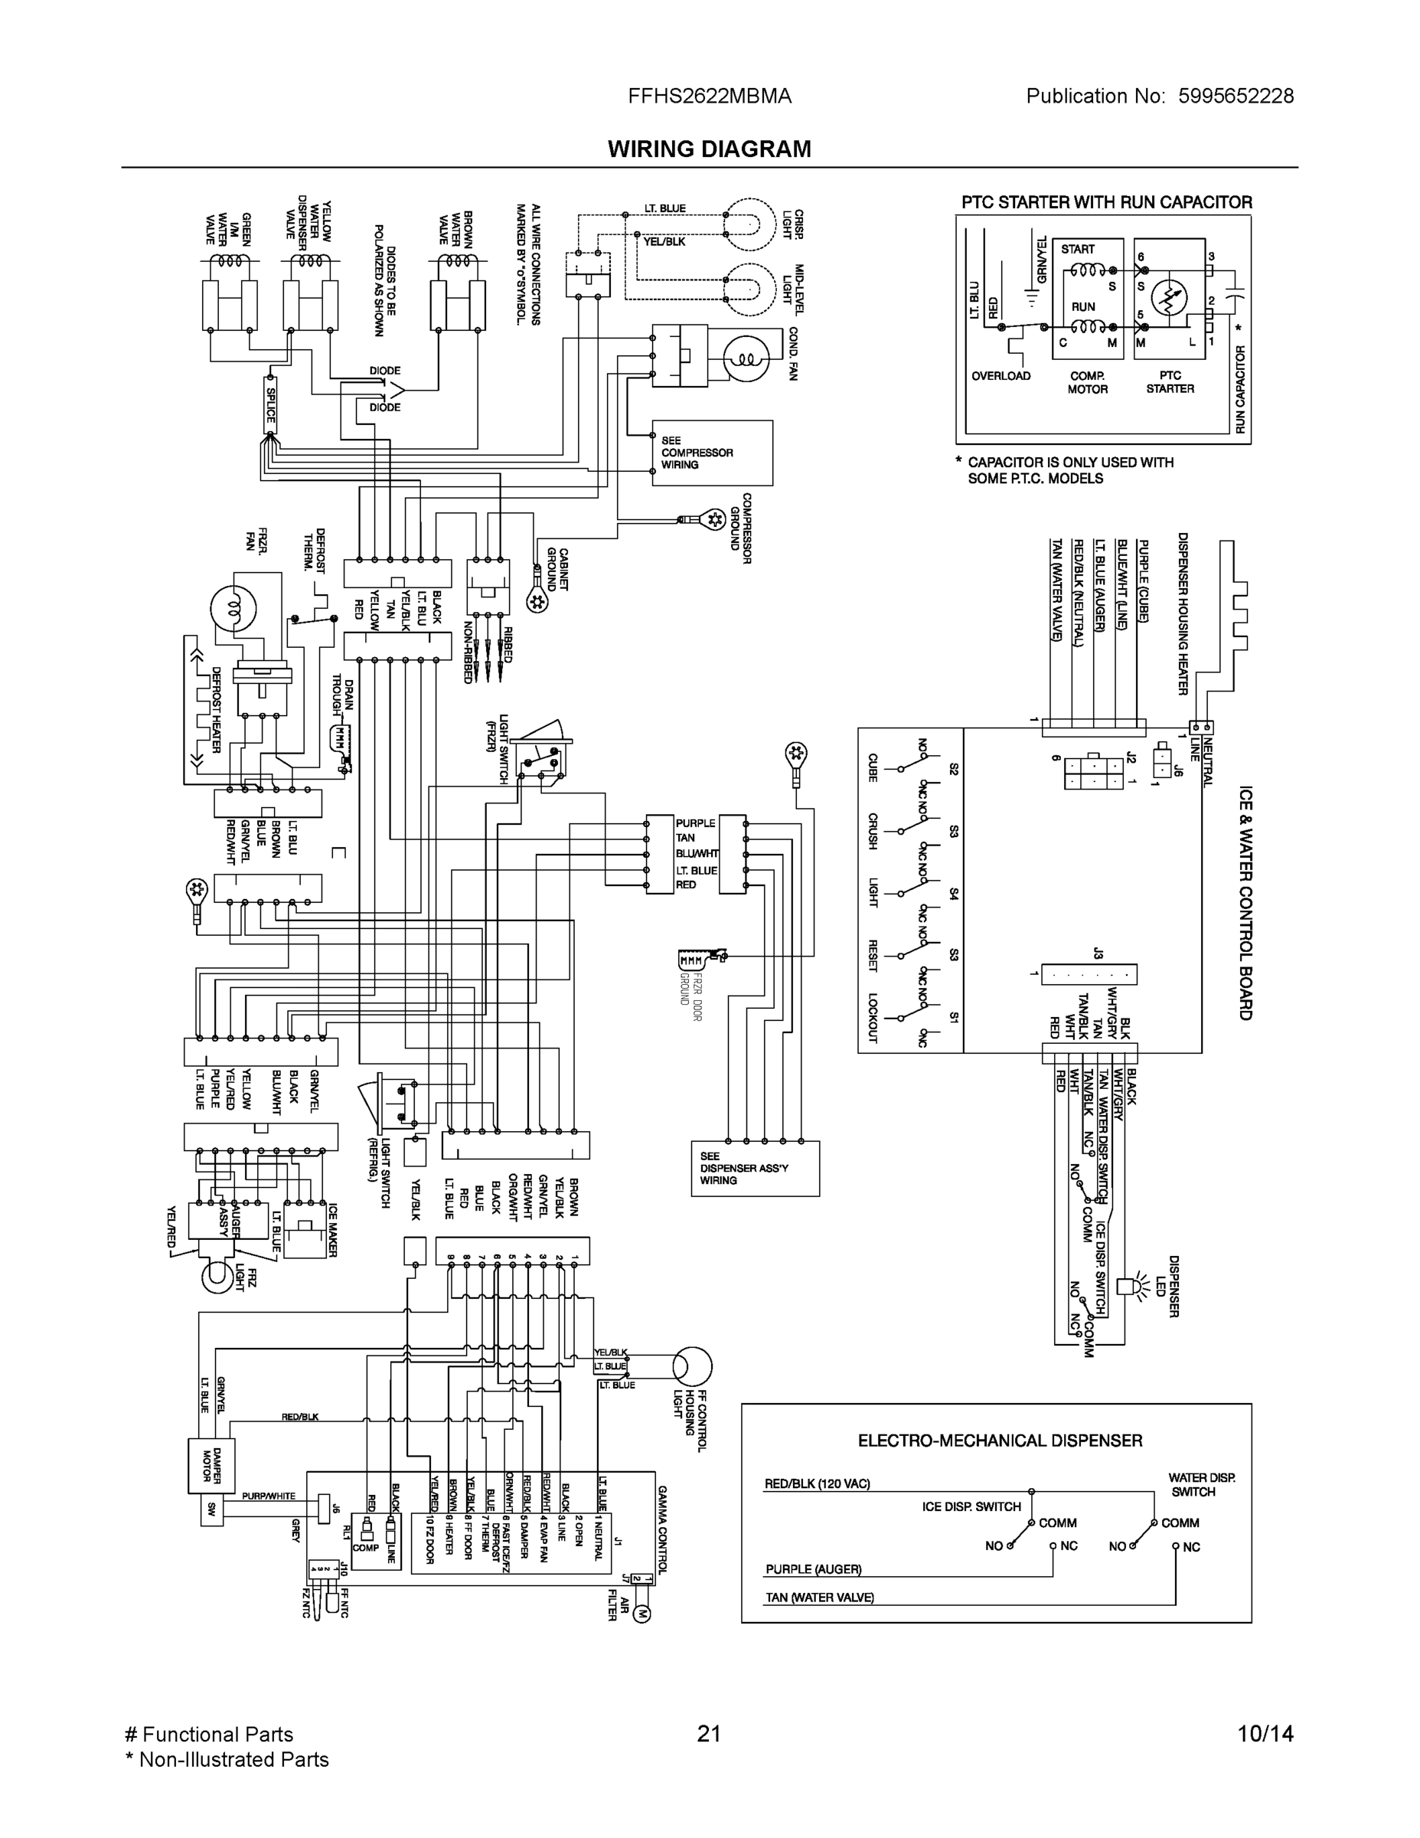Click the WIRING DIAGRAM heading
[x=709, y=149]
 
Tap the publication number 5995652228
[x=1235, y=96]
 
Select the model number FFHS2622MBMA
[x=709, y=96]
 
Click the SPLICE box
[x=271, y=405]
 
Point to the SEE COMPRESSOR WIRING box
[x=712, y=453]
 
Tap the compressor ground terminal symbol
[x=714, y=519]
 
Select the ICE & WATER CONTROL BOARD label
[x=1245, y=903]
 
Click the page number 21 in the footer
[x=709, y=1734]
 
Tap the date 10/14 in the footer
[x=1265, y=1734]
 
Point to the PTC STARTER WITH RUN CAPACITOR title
[x=1106, y=202]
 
